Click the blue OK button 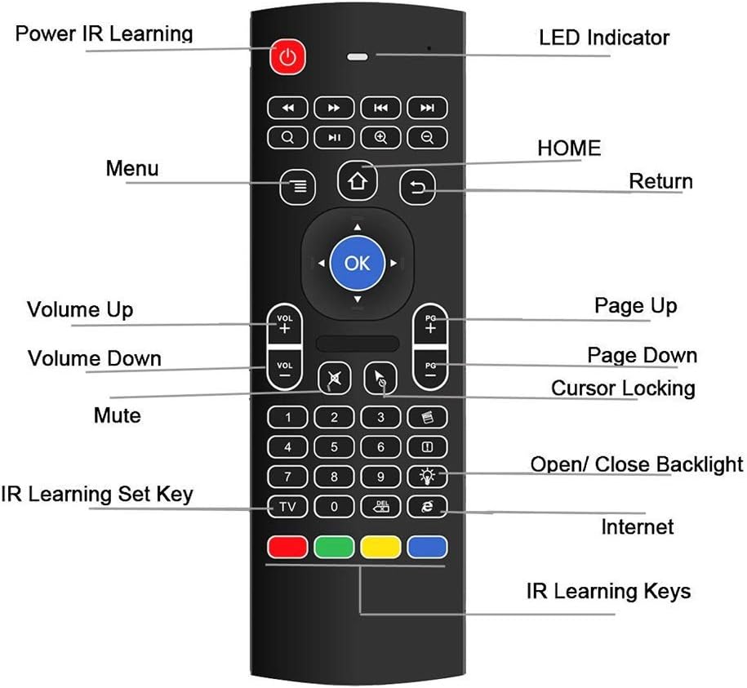[x=357, y=263]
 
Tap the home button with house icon [x=358, y=181]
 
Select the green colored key [x=334, y=546]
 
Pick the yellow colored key [x=380, y=546]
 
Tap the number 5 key [x=334, y=447]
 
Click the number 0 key [x=334, y=507]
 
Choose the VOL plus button [x=284, y=324]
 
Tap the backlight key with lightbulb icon [x=427, y=477]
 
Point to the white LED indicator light [x=358, y=58]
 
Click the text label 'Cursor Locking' [x=623, y=388]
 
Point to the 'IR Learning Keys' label [x=608, y=591]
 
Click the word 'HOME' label [x=569, y=148]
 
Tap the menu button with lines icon [x=298, y=186]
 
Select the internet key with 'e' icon [x=427, y=507]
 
